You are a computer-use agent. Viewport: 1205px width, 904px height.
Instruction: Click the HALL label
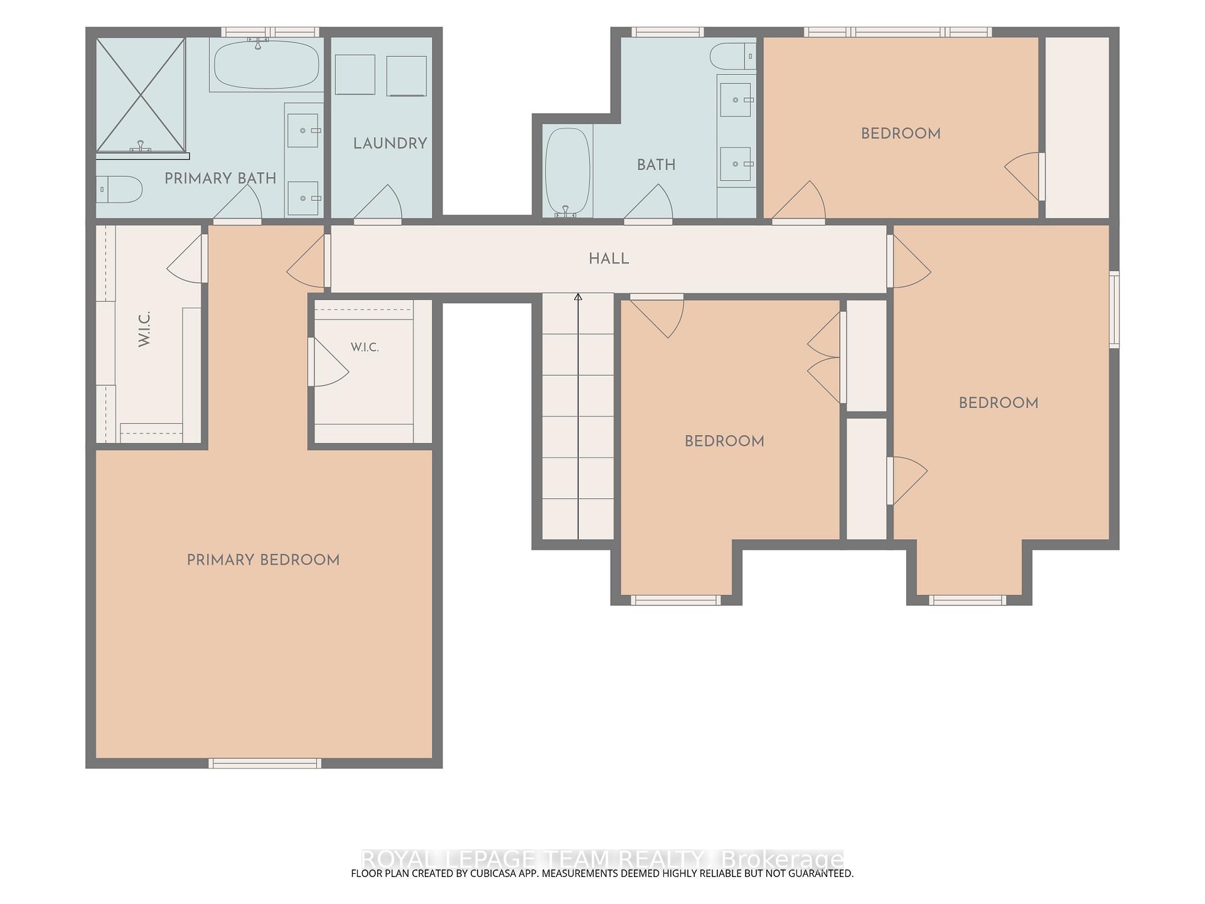pos(609,259)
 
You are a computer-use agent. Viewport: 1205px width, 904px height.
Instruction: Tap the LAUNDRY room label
pos(390,143)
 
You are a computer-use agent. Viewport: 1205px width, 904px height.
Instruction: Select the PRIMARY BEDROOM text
pos(263,560)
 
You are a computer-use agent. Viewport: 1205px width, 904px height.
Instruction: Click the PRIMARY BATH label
pos(220,178)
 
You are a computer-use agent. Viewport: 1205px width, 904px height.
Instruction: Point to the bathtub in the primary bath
pos(267,65)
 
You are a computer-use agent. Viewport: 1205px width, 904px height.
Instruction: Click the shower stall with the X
pos(141,95)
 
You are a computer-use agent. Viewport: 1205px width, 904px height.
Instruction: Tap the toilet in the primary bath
pos(119,189)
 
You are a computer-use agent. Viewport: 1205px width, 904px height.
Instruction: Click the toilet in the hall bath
pos(733,56)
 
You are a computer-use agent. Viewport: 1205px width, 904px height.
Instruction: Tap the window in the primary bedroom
pos(265,763)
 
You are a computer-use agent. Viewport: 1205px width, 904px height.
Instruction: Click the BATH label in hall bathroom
pos(656,164)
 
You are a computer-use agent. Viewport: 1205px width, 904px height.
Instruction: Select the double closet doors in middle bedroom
pos(825,357)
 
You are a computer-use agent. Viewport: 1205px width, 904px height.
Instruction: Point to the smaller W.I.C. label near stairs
pos(365,347)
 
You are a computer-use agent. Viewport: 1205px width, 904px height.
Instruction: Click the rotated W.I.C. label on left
pos(144,328)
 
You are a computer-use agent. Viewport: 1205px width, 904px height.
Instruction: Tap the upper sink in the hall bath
pos(736,100)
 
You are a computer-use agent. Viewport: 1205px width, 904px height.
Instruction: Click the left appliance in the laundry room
pos(355,75)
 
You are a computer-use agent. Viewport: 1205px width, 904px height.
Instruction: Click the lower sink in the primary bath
pos(303,198)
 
